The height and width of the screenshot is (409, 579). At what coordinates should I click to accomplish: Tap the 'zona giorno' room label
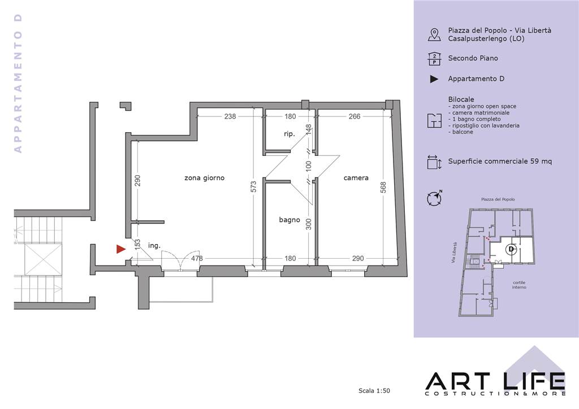point(204,178)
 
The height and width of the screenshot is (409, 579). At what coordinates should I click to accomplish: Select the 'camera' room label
point(356,178)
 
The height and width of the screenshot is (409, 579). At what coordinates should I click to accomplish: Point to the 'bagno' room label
point(289,220)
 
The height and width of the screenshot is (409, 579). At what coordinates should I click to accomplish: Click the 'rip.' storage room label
point(289,134)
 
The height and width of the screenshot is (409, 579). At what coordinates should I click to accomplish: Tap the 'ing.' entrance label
point(154,245)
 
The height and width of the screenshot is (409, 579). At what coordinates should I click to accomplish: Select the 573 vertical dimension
point(253,186)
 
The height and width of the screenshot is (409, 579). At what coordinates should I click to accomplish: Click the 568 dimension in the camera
point(383,188)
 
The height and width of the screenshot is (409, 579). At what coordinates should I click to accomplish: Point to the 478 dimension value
point(197,258)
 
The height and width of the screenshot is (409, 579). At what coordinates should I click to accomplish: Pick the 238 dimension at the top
point(230,116)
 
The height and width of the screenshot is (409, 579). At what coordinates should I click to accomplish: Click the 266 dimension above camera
point(355,116)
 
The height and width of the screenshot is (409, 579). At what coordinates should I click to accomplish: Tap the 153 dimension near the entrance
point(137,245)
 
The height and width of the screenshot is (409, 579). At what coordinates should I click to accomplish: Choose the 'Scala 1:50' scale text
point(374,390)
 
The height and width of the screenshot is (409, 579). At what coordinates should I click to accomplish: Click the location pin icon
point(434,34)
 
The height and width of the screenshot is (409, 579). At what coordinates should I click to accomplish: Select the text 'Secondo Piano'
point(473,58)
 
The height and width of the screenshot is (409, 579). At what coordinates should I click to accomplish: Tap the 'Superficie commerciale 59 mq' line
point(500,161)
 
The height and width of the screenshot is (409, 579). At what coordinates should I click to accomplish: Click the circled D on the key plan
point(511,249)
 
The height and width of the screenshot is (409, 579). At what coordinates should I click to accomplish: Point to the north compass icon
point(434,198)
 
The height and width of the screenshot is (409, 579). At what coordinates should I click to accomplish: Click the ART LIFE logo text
point(495,382)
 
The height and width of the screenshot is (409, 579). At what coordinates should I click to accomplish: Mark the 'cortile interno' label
point(519,285)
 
